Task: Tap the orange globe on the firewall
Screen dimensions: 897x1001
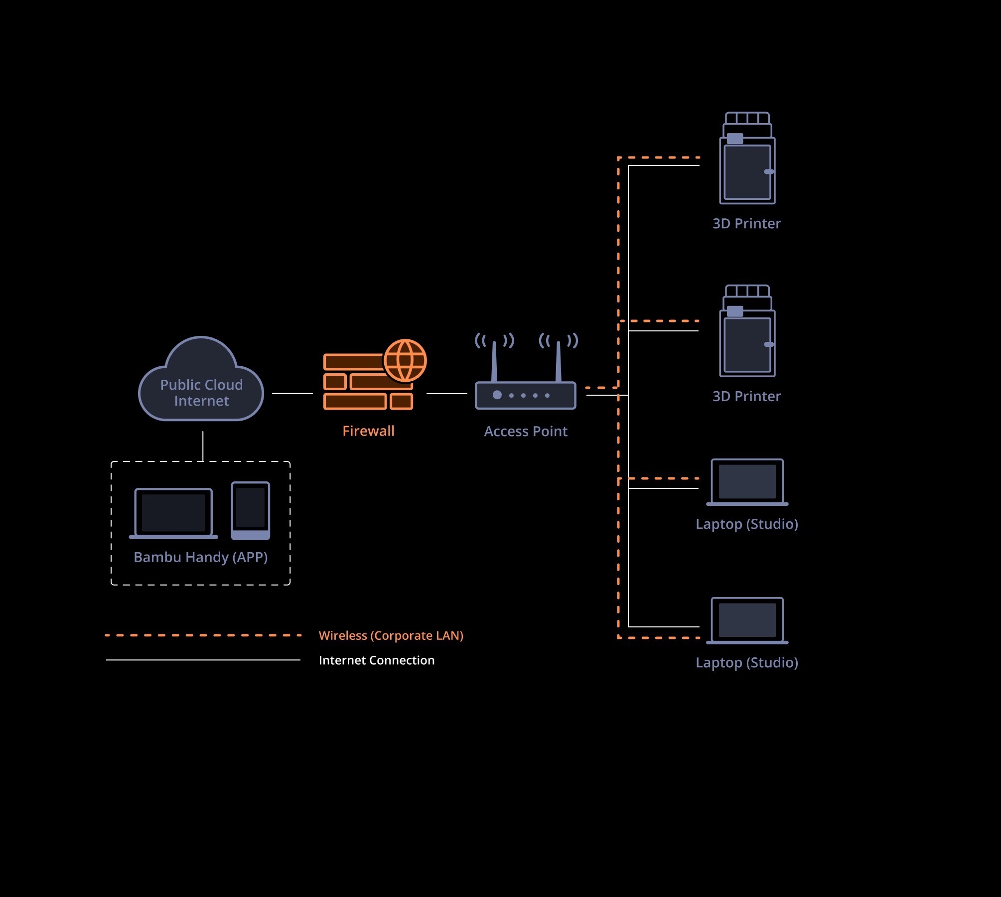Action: click(405, 360)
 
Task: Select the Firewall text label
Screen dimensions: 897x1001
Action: click(368, 431)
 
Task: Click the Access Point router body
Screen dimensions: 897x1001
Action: click(526, 395)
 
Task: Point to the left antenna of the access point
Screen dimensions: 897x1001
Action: click(494, 361)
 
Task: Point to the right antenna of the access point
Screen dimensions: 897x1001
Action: click(558, 361)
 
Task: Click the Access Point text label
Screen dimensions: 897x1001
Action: click(526, 432)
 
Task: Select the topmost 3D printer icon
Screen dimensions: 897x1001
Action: click(747, 158)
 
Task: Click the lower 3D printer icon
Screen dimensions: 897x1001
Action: click(747, 331)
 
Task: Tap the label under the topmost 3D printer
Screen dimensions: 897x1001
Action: click(746, 224)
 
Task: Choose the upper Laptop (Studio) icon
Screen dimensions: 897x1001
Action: click(747, 482)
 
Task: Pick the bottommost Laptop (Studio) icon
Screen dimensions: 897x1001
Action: click(747, 621)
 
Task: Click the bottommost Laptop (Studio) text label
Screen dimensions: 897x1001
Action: click(747, 663)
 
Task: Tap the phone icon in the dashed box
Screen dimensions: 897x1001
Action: click(251, 511)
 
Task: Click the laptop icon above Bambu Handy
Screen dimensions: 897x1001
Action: click(173, 513)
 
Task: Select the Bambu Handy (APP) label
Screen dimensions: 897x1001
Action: click(201, 557)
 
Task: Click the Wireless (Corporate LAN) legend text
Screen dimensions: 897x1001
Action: click(391, 636)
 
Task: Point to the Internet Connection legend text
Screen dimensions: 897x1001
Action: click(377, 660)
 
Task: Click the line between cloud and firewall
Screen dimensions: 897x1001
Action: click(292, 393)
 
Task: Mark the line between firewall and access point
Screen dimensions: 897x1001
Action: click(447, 394)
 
